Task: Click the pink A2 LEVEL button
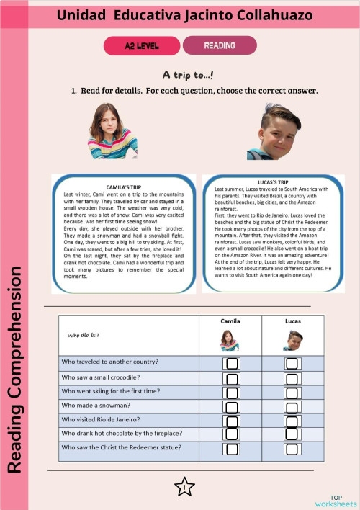(x=141, y=45)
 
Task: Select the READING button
(x=220, y=45)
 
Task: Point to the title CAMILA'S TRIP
(x=122, y=187)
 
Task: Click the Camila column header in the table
(x=229, y=321)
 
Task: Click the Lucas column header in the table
(x=292, y=321)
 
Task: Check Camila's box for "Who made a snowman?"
(x=232, y=406)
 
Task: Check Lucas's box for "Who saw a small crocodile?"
(x=292, y=378)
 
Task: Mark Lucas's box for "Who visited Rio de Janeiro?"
(x=292, y=421)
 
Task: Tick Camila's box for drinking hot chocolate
(x=232, y=434)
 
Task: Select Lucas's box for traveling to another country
(x=292, y=363)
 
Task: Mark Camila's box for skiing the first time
(x=232, y=393)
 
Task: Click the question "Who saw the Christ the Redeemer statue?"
(x=121, y=447)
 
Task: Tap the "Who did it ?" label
(x=84, y=335)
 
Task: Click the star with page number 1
(x=185, y=487)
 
